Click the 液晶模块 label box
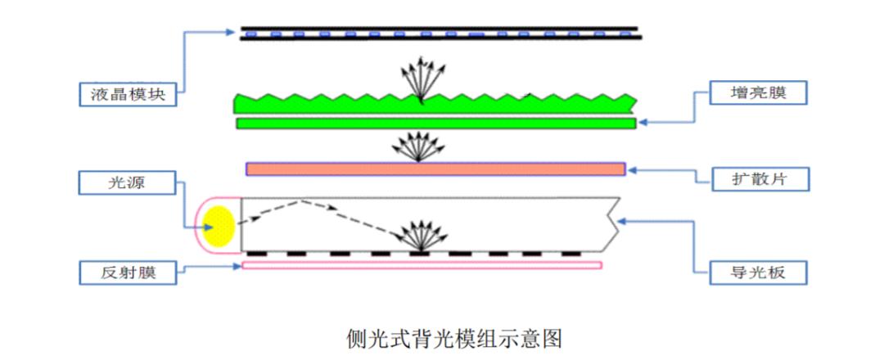129,94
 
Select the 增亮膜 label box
758,92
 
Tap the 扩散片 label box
759,178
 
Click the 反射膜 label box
129,272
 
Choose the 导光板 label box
758,272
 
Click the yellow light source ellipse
218,226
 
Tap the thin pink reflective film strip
422,265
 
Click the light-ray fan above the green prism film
418,79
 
